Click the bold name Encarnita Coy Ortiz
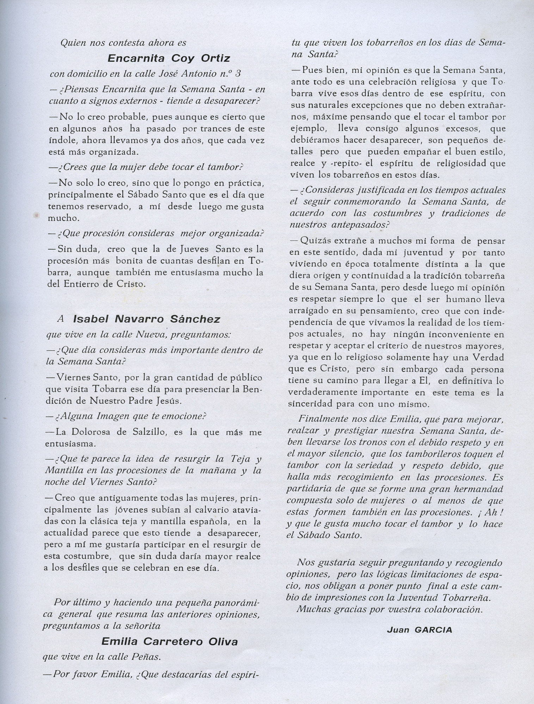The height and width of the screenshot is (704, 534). tap(168, 58)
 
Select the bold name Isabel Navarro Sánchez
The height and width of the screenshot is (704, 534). tap(146, 319)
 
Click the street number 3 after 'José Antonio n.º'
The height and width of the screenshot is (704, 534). tap(238, 74)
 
